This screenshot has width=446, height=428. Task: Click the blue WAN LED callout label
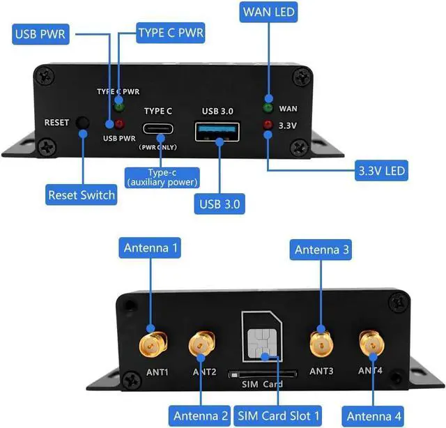[x=268, y=12]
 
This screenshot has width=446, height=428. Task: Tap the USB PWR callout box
[x=40, y=35]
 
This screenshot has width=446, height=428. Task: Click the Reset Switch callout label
[x=82, y=194]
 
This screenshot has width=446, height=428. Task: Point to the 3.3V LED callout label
[x=381, y=171]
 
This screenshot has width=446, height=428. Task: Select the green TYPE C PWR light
[x=119, y=107]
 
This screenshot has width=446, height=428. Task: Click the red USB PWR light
[x=119, y=124]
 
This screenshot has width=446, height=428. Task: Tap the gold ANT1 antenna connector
[x=151, y=343]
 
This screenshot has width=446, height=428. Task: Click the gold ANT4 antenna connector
[x=371, y=342]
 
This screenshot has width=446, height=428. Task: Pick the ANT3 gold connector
[x=321, y=342]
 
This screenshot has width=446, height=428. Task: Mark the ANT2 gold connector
[x=202, y=343]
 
